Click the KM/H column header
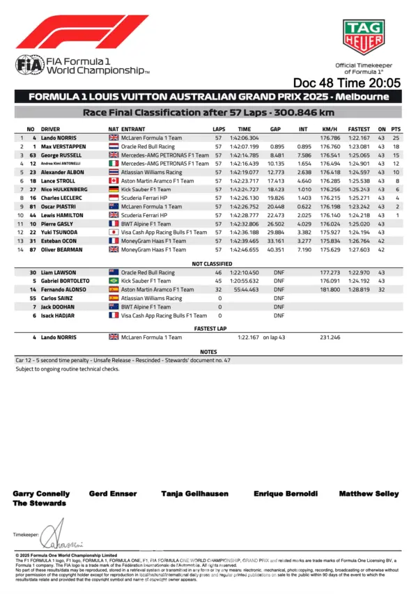(x=330, y=130)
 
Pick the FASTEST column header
(x=359, y=130)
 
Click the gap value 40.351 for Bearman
(x=277, y=249)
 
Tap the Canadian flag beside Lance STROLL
(x=114, y=180)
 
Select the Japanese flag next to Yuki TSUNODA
(x=114, y=232)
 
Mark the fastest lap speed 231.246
(x=330, y=337)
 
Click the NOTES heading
(x=209, y=352)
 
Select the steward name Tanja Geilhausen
(x=189, y=494)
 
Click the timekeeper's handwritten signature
(x=61, y=538)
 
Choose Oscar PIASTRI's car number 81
(x=32, y=206)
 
